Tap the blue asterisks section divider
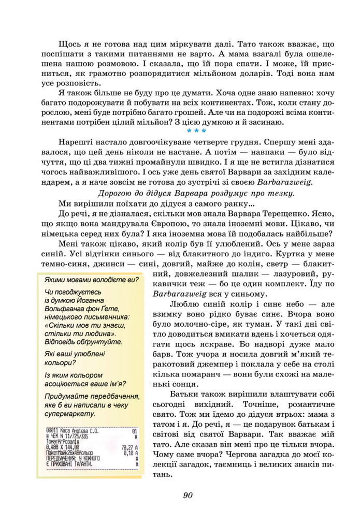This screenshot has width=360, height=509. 196,132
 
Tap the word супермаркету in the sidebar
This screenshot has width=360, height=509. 71,414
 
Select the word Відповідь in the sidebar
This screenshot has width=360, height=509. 62,342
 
